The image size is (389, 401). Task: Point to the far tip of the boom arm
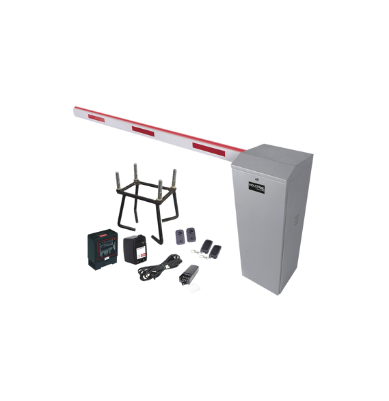point(73,106)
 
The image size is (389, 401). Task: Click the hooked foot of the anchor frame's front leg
point(156,242)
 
